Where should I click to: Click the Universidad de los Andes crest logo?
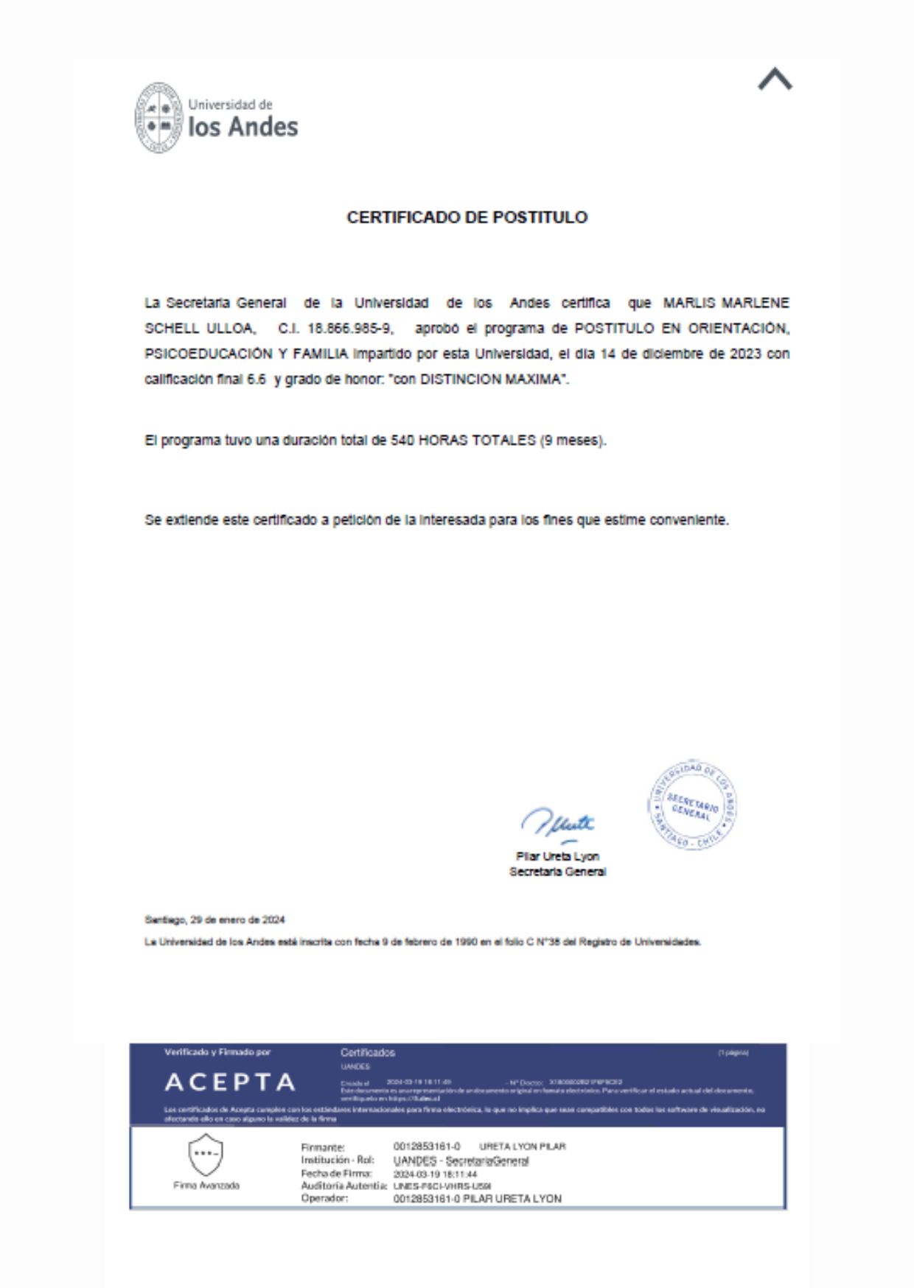158,118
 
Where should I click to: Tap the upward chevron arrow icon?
775,80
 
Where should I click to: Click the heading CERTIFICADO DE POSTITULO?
467,217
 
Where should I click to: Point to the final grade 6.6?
257,379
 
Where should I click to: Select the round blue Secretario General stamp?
692,805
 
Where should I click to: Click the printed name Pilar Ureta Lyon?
557,856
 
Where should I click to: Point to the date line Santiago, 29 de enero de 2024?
214,920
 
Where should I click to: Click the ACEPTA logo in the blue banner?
230,1082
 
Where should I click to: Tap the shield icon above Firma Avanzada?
206,1155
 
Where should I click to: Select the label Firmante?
323,1147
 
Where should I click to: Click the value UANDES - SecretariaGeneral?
461,1161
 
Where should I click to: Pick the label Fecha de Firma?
336,1174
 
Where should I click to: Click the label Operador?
324,1199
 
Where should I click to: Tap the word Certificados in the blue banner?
368,1053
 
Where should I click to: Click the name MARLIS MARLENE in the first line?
725,303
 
